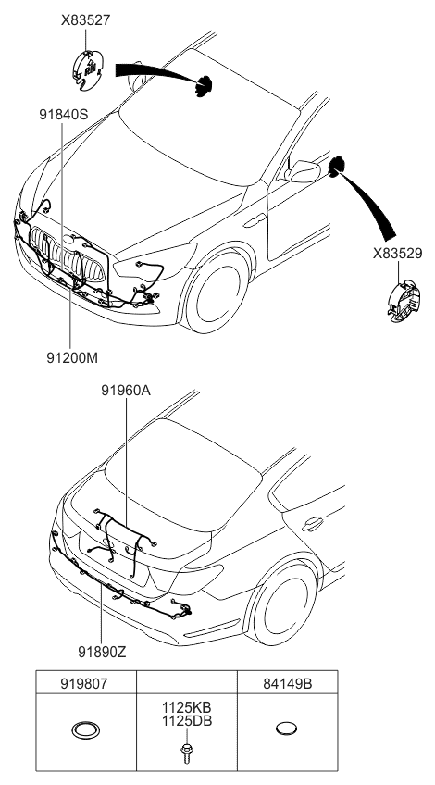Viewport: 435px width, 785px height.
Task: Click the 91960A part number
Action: point(126,391)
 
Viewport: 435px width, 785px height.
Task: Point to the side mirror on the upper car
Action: point(304,171)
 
